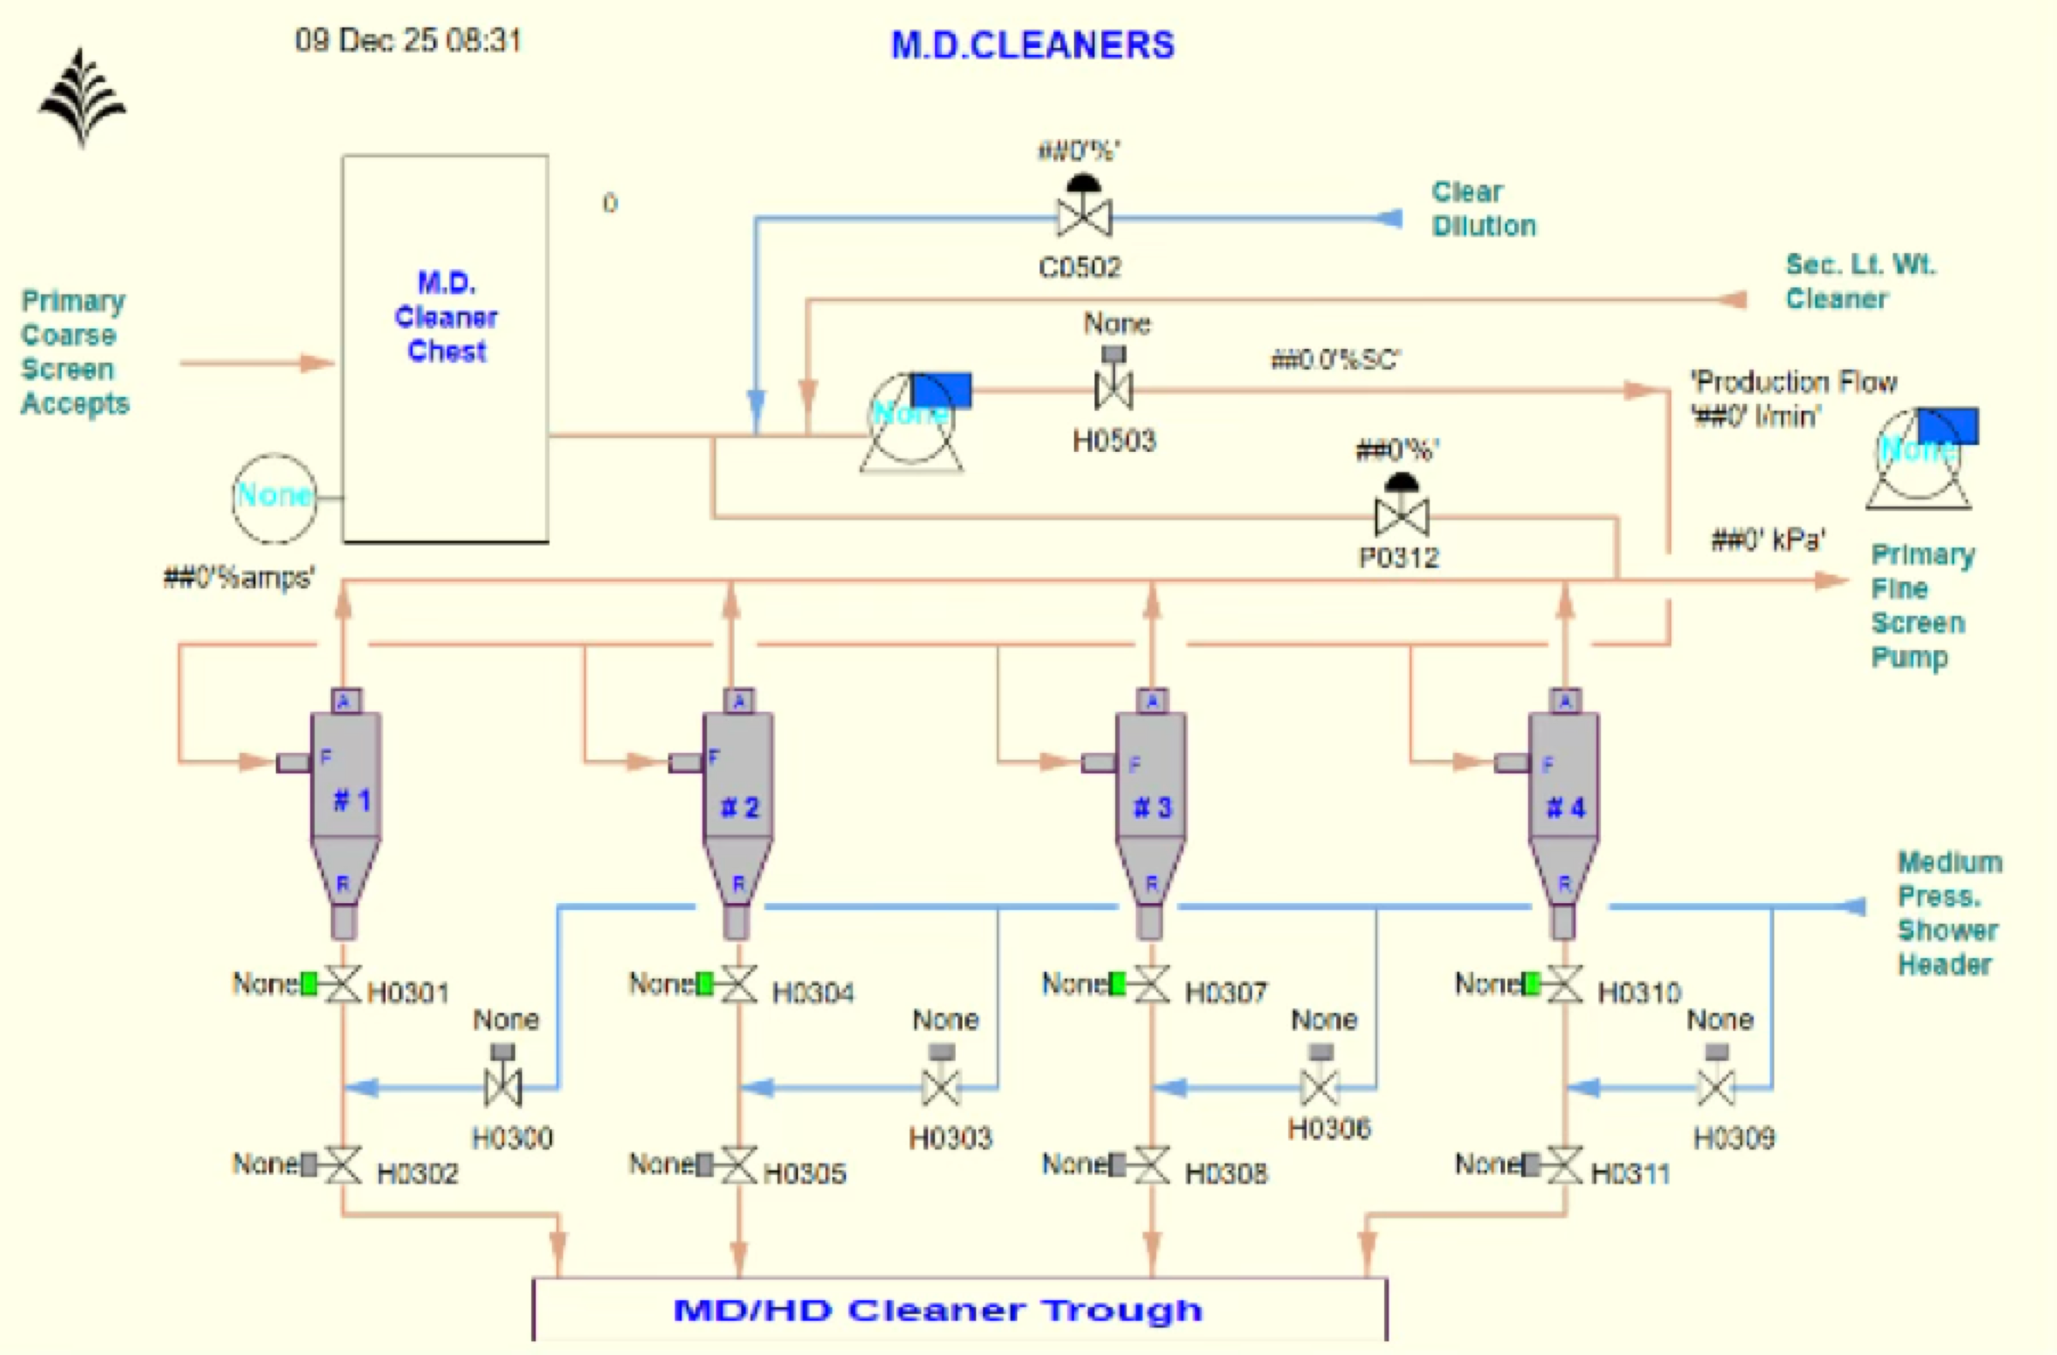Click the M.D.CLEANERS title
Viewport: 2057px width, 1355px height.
pos(1033,45)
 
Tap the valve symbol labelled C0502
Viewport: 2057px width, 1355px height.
pos(1084,216)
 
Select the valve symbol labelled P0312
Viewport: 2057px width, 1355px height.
pos(1401,516)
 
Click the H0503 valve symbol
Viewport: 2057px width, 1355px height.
pos(1113,389)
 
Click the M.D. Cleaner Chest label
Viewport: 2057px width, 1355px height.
pos(446,316)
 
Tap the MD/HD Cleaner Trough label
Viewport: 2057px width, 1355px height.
pos(938,1310)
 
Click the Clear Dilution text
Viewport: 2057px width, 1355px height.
pos(1483,208)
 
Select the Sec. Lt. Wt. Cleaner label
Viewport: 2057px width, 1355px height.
pos(1859,281)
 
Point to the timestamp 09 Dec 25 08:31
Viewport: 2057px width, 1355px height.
pos(408,40)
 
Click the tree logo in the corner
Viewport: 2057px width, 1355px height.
pos(82,98)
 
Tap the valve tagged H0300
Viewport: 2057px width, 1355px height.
pos(503,1087)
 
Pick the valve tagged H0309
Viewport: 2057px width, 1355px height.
pos(1717,1087)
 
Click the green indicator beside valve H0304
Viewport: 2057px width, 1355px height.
pos(705,983)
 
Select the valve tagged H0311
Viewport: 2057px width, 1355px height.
pos(1564,1164)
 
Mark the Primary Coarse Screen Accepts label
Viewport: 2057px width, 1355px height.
pos(75,352)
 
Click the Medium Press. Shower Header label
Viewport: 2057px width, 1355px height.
pos(1949,912)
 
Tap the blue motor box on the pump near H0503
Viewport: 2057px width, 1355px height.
pos(941,390)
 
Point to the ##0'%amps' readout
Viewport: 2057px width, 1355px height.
pos(239,577)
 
